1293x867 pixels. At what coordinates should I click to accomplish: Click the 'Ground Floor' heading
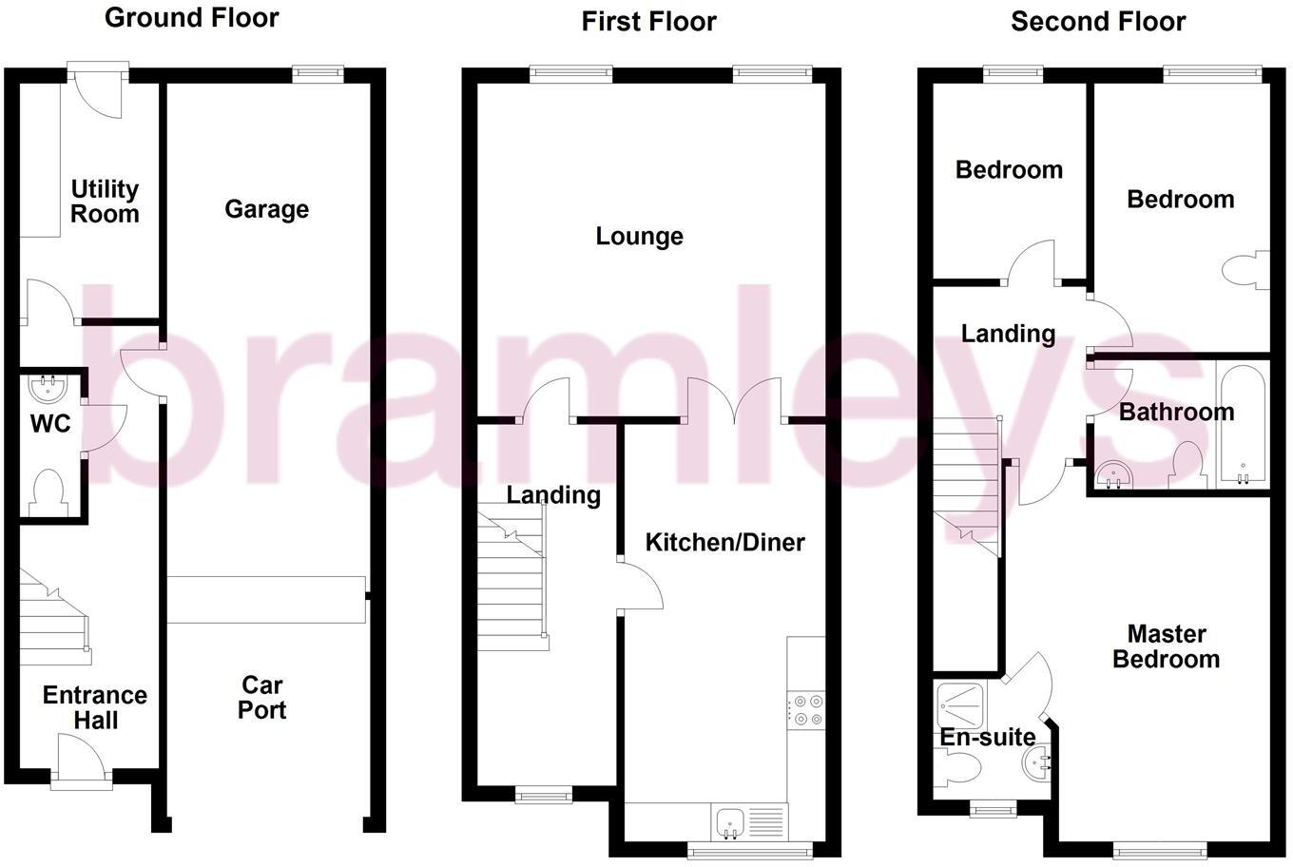191,17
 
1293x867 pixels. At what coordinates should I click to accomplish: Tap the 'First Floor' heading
648,21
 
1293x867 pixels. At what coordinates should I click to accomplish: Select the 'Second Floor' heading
1098,21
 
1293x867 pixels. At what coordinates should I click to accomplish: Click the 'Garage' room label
266,209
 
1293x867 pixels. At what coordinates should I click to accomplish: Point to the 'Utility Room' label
105,202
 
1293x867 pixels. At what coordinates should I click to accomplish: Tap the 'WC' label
50,424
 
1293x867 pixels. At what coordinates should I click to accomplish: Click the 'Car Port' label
262,698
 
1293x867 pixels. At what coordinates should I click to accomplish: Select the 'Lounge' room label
639,236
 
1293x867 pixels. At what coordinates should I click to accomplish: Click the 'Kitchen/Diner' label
724,543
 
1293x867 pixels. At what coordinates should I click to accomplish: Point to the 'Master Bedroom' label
1166,646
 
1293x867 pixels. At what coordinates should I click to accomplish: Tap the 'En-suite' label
988,737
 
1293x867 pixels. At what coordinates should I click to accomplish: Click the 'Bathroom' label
1176,412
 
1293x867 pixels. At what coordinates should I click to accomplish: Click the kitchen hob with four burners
806,710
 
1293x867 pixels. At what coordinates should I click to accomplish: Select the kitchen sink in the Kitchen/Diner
729,820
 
